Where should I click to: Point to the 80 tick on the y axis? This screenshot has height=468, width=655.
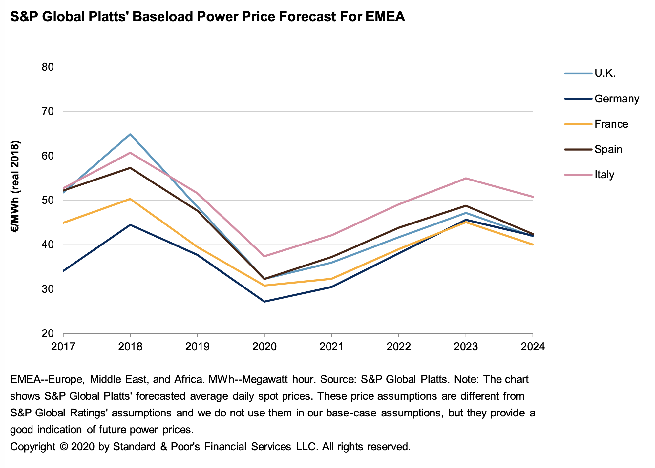(x=48, y=67)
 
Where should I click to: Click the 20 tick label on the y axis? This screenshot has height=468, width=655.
(x=48, y=334)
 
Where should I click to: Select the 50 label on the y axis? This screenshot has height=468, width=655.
(x=48, y=201)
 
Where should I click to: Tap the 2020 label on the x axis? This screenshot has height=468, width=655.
(x=264, y=347)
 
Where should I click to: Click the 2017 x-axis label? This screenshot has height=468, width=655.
(x=63, y=347)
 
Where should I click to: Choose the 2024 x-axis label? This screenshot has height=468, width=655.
(x=532, y=347)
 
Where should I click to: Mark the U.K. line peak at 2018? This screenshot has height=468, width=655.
(x=130, y=134)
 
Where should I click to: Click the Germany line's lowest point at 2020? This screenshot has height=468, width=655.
(x=264, y=301)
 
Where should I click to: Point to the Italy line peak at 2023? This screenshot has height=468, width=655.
(x=466, y=178)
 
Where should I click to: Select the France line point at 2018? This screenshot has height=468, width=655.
(x=130, y=199)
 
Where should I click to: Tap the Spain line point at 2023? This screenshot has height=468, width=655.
(x=466, y=206)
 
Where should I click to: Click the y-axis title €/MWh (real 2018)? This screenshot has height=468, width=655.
(x=15, y=187)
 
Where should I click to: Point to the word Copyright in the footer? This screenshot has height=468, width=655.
(x=33, y=447)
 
